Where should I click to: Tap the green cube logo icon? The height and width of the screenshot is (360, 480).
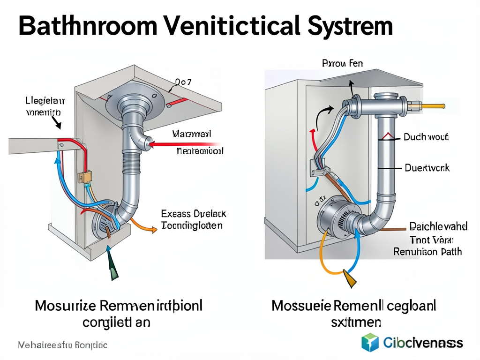(x=370, y=342)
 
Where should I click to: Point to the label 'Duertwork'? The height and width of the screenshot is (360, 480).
(x=427, y=167)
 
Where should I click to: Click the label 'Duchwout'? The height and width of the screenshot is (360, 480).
(x=426, y=137)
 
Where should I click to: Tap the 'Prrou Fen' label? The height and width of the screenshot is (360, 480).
(x=342, y=63)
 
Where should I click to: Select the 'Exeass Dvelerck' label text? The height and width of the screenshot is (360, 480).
(x=193, y=214)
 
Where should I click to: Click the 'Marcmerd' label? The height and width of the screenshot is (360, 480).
(x=191, y=134)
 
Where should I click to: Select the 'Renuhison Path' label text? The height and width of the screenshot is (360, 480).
(x=427, y=252)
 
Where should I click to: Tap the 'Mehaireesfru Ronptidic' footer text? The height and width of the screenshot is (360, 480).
(x=62, y=345)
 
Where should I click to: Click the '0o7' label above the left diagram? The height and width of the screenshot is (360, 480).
(x=183, y=82)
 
